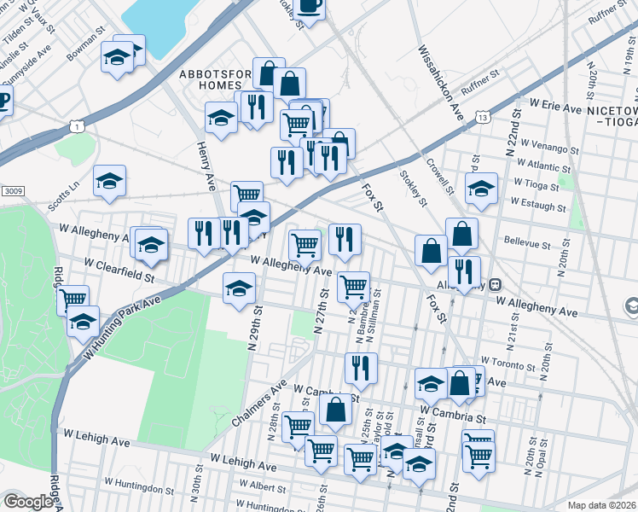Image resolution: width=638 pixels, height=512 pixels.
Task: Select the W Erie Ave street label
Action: tap(555, 102)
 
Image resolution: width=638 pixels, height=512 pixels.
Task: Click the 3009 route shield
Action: tap(12, 190)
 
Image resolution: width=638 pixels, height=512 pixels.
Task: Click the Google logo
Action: tap(28, 502)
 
